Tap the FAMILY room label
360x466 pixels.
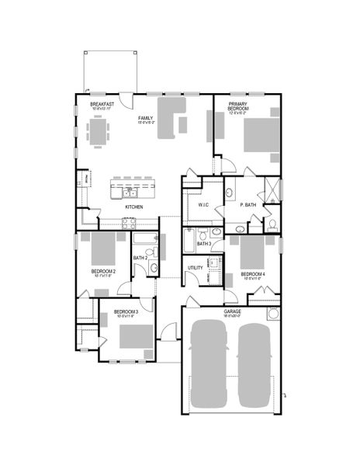point(146,96)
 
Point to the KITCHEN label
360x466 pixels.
point(134,207)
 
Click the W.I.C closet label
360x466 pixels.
point(204,206)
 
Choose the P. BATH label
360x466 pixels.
point(248,205)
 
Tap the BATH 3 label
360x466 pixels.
point(203,244)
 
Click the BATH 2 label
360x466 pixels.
point(140,258)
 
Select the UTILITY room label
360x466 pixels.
point(196,268)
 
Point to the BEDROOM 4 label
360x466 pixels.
point(252,274)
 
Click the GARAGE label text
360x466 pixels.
point(233,311)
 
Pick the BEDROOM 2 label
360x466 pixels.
point(104,271)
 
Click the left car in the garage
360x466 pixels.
point(209,363)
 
